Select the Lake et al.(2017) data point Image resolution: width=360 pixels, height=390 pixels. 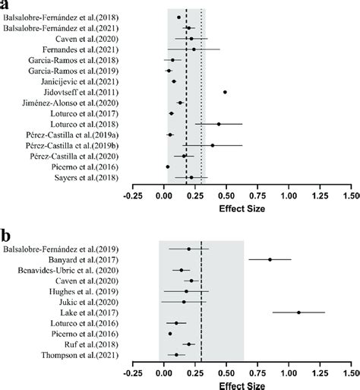coord(298,312)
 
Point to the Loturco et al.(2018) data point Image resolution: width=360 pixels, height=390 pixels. coord(219,124)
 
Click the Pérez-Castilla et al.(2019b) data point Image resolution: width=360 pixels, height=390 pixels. coord(213,145)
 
